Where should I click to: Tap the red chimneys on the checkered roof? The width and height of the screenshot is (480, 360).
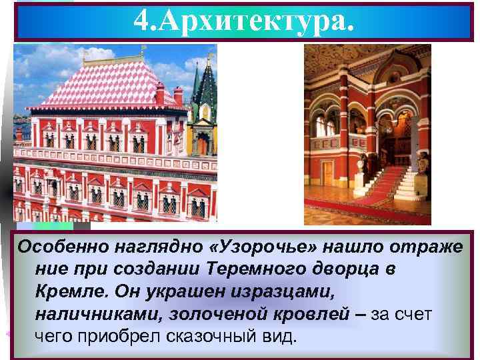[x=160, y=93]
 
